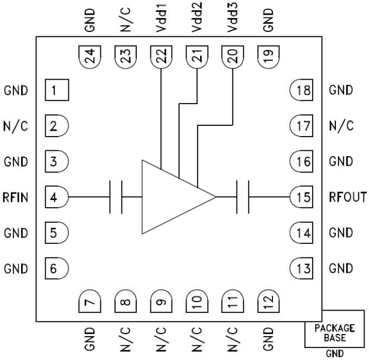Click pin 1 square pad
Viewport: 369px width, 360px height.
point(56,90)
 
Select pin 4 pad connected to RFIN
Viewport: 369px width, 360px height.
point(56,197)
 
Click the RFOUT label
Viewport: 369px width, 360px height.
point(347,197)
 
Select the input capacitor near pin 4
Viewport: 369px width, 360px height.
point(116,197)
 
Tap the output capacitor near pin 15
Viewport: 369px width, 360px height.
point(243,197)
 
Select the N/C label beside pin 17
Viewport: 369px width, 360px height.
point(341,126)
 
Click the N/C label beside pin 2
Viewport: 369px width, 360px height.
point(16,126)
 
